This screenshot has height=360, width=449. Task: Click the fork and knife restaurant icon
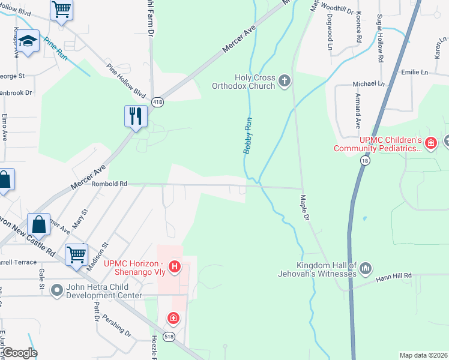[x=135, y=116]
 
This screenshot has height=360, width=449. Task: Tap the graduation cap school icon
[x=28, y=42]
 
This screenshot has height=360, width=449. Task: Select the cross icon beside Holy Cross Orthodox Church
[x=285, y=80]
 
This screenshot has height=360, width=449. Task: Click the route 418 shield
[x=157, y=102]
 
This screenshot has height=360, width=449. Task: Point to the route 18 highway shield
[x=365, y=161]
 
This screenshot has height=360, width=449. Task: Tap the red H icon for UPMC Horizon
[x=175, y=266]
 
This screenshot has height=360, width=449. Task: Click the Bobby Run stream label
[x=247, y=135]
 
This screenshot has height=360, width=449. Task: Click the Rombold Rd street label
[x=109, y=184]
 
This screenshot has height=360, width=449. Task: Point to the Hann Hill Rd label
[x=394, y=275]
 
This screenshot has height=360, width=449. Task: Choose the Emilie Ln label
[x=414, y=71]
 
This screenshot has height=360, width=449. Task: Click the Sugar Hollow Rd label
[x=379, y=40]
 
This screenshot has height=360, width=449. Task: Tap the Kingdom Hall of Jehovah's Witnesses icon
[x=366, y=268]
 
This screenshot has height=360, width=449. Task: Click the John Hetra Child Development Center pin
[x=57, y=291]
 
